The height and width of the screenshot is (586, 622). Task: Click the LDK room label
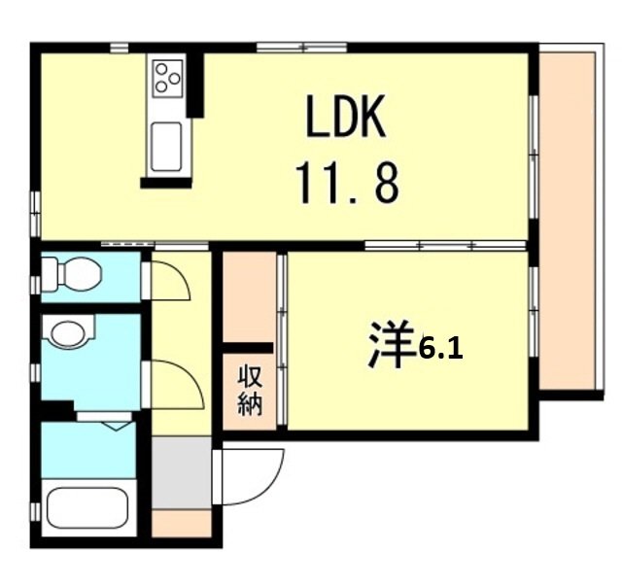347,119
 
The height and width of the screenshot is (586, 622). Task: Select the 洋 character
388,346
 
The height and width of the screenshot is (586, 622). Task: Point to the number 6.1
439,349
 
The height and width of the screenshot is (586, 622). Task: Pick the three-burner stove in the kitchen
167,77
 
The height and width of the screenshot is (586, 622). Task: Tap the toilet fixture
72,274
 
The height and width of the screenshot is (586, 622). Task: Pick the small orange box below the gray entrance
181,523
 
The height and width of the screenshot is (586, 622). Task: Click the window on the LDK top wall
301,47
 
